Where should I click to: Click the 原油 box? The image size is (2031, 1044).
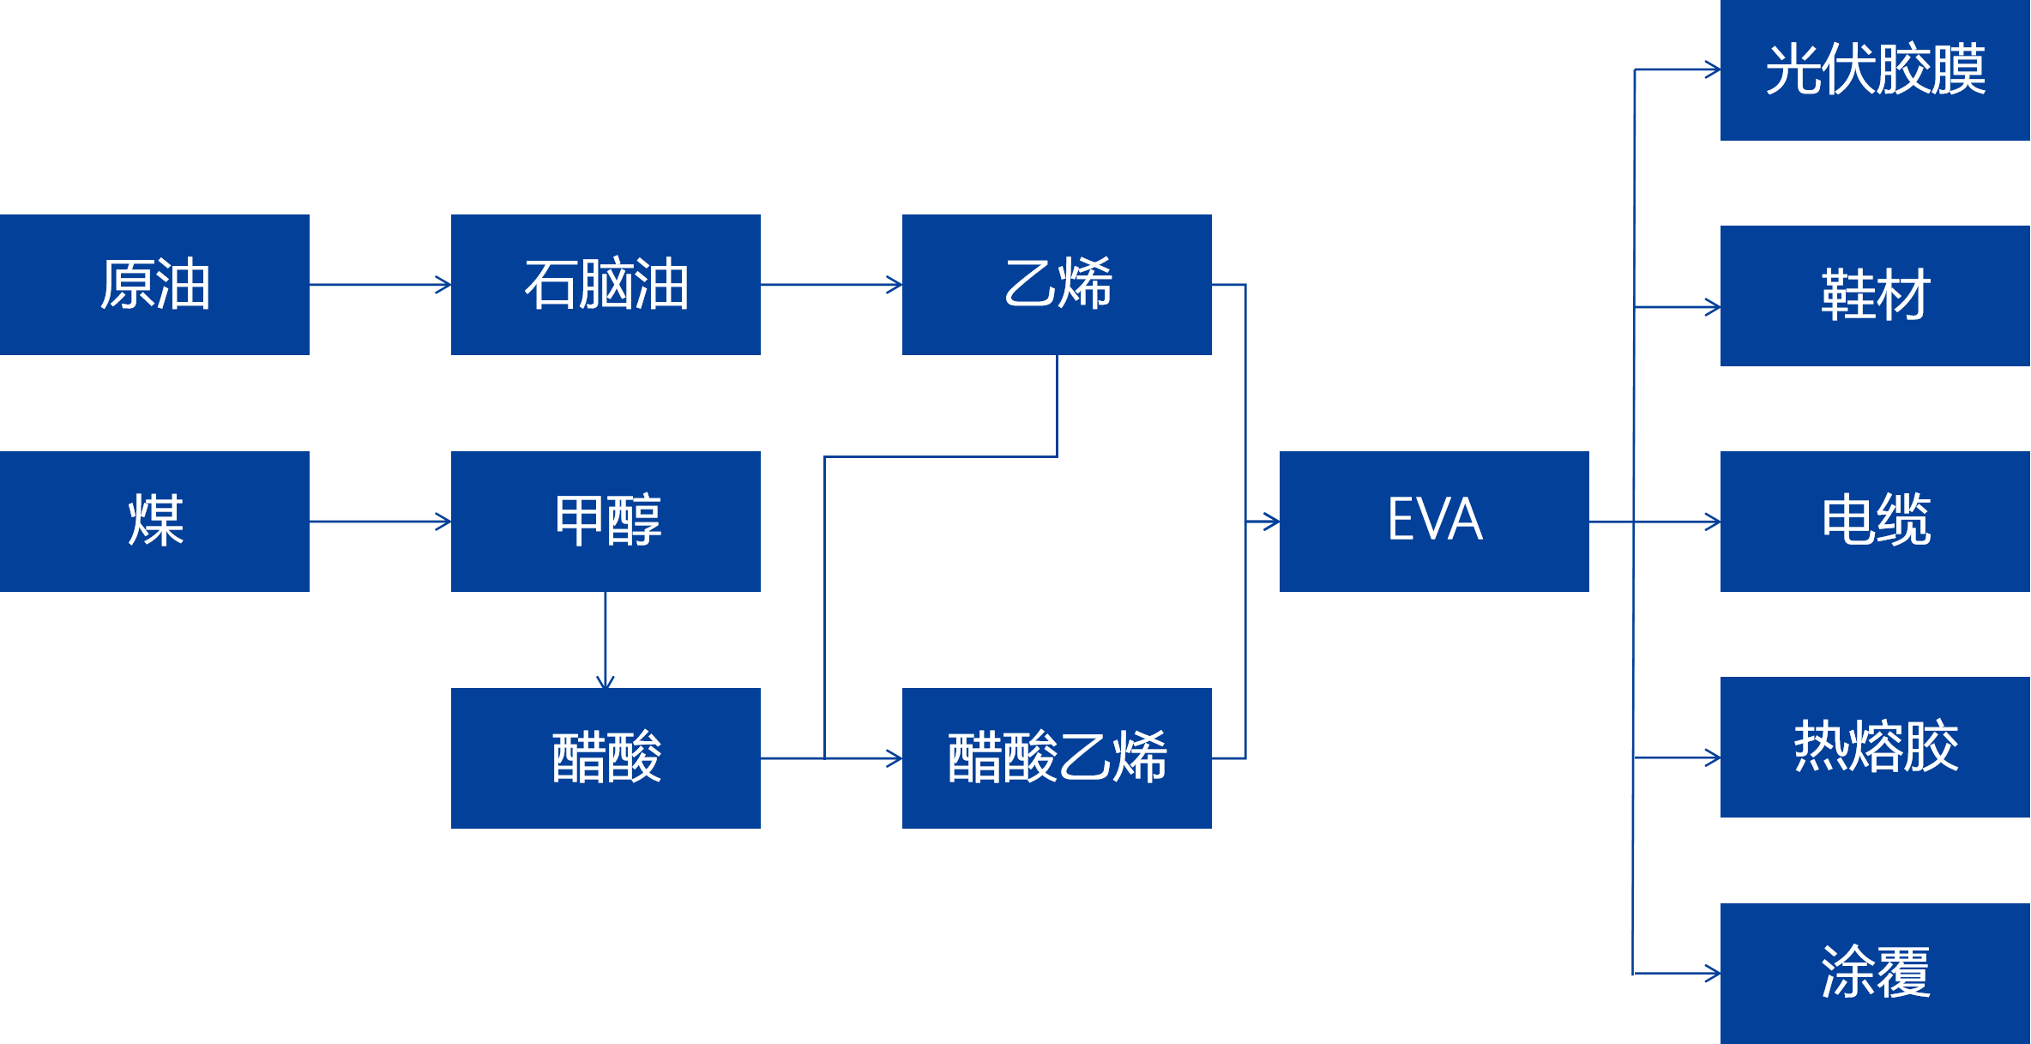coord(154,285)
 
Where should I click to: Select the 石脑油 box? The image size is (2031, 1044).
coord(606,285)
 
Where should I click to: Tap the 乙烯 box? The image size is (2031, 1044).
coord(1057,285)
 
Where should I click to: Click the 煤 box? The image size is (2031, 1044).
coord(154,522)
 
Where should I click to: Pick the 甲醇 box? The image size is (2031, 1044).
coord(606,522)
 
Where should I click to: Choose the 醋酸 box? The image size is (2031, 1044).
coord(606,758)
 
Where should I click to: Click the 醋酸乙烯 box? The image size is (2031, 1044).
coord(1057,758)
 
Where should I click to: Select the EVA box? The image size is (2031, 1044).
coord(1434,522)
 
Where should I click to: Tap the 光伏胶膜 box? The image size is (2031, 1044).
coord(1875,70)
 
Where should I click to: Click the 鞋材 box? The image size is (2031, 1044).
coord(1875,296)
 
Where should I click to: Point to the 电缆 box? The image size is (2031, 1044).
coord(1875,522)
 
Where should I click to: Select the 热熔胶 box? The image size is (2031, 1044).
coord(1875,747)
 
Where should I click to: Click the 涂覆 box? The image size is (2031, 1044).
coord(1875,973)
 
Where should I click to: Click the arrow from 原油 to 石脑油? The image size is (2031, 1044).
coord(380,285)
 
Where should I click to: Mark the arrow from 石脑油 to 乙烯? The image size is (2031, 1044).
coord(831,285)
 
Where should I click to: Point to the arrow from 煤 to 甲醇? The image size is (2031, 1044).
coord(380,522)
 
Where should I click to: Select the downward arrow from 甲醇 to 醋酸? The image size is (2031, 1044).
coord(606,640)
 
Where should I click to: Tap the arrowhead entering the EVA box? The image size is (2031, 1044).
coord(1271,522)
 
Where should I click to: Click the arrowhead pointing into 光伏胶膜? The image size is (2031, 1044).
coord(1712,70)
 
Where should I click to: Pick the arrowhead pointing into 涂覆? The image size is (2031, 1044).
coord(1712,974)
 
